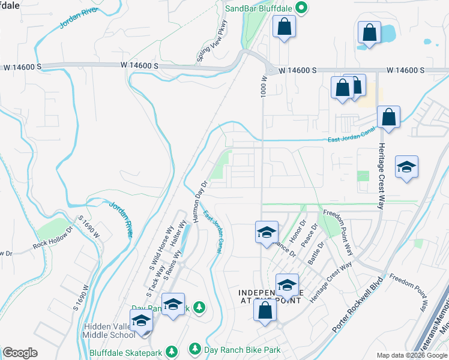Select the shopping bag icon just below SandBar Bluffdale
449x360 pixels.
pos(284,26)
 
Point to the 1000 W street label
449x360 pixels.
pos(263,87)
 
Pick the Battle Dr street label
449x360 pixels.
pos(316,253)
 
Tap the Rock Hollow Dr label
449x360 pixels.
pos(53,238)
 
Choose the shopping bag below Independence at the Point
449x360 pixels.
pos(265,310)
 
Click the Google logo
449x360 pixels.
pos(20,353)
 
